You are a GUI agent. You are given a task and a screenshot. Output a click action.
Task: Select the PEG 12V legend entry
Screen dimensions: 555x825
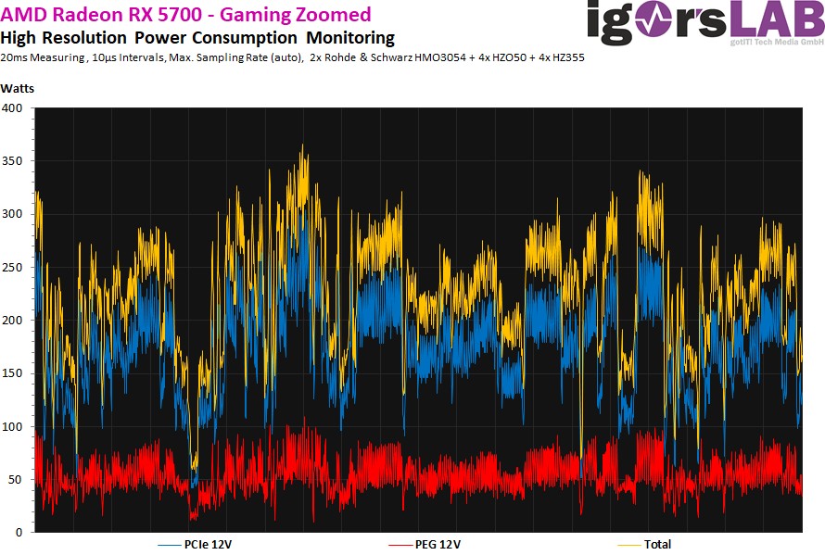(x=436, y=545)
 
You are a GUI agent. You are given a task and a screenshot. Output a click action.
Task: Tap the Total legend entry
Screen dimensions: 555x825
(x=656, y=545)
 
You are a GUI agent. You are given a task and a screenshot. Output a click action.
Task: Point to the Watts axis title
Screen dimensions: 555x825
(x=19, y=89)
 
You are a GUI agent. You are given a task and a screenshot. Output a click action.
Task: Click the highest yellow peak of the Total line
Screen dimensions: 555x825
(x=302, y=145)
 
